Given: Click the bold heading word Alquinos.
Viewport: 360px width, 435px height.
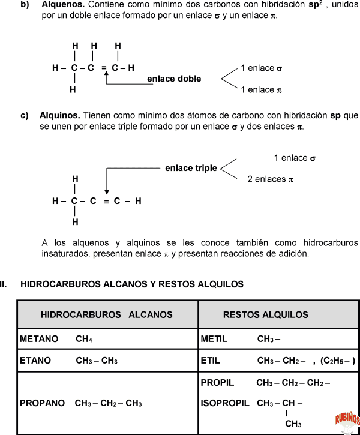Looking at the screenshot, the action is tap(60, 115).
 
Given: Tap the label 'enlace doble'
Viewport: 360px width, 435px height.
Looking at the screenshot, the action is tap(174, 79).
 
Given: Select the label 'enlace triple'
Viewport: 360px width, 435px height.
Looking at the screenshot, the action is tap(191, 168).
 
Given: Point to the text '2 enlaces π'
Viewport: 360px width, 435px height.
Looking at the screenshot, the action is tap(270, 179).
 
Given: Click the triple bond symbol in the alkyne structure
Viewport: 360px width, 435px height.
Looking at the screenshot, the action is tap(106, 202).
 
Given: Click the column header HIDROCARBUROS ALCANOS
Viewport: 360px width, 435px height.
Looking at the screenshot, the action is tap(107, 314).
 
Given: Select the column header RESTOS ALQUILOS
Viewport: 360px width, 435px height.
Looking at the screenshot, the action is tap(265, 314).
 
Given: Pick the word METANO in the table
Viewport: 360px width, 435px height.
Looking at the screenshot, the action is tap(39, 339).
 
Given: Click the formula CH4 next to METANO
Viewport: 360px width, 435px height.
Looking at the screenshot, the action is tap(84, 339).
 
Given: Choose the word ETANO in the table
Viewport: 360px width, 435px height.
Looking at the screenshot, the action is tap(35, 361).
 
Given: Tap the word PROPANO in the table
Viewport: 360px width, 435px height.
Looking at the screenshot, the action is tap(42, 403).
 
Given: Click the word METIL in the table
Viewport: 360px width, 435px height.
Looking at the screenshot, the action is tap(214, 339).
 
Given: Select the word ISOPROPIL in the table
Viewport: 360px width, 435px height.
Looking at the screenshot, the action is tap(225, 403).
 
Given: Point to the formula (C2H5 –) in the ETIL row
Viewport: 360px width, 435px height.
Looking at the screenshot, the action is tap(338, 361).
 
